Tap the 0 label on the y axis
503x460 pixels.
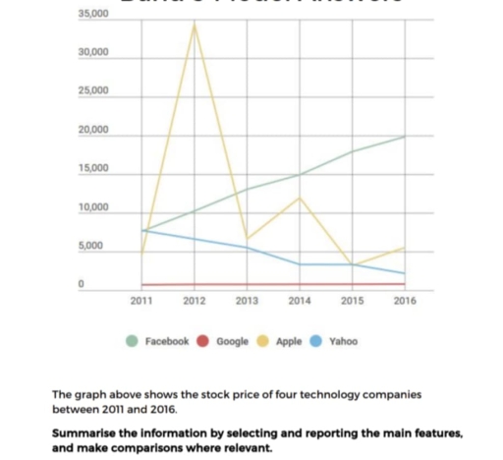point(84,286)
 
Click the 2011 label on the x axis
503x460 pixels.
point(140,301)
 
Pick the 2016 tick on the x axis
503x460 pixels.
point(404,301)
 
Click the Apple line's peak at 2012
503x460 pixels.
point(195,23)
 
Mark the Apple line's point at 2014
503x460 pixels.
point(299,198)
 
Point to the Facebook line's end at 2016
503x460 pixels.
point(405,137)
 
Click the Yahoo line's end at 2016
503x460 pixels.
point(405,273)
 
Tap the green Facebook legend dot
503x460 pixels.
point(133,341)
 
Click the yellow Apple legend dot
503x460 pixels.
point(263,341)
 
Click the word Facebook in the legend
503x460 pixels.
point(166,341)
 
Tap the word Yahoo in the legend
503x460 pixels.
point(343,341)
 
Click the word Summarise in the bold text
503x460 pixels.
point(85,432)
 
